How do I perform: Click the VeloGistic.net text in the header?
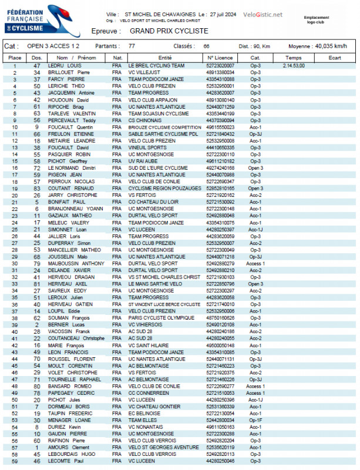[x=263, y=15]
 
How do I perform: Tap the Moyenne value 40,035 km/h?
[x=331, y=46]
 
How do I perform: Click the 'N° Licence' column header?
[x=220, y=58]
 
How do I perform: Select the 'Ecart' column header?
[x=335, y=58]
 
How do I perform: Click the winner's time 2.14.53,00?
[x=293, y=66]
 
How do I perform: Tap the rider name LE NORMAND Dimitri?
[x=71, y=168]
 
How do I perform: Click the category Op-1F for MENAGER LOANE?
[x=255, y=420]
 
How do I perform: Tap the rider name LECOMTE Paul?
[x=66, y=461]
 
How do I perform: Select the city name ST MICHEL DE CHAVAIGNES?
[x=159, y=15]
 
